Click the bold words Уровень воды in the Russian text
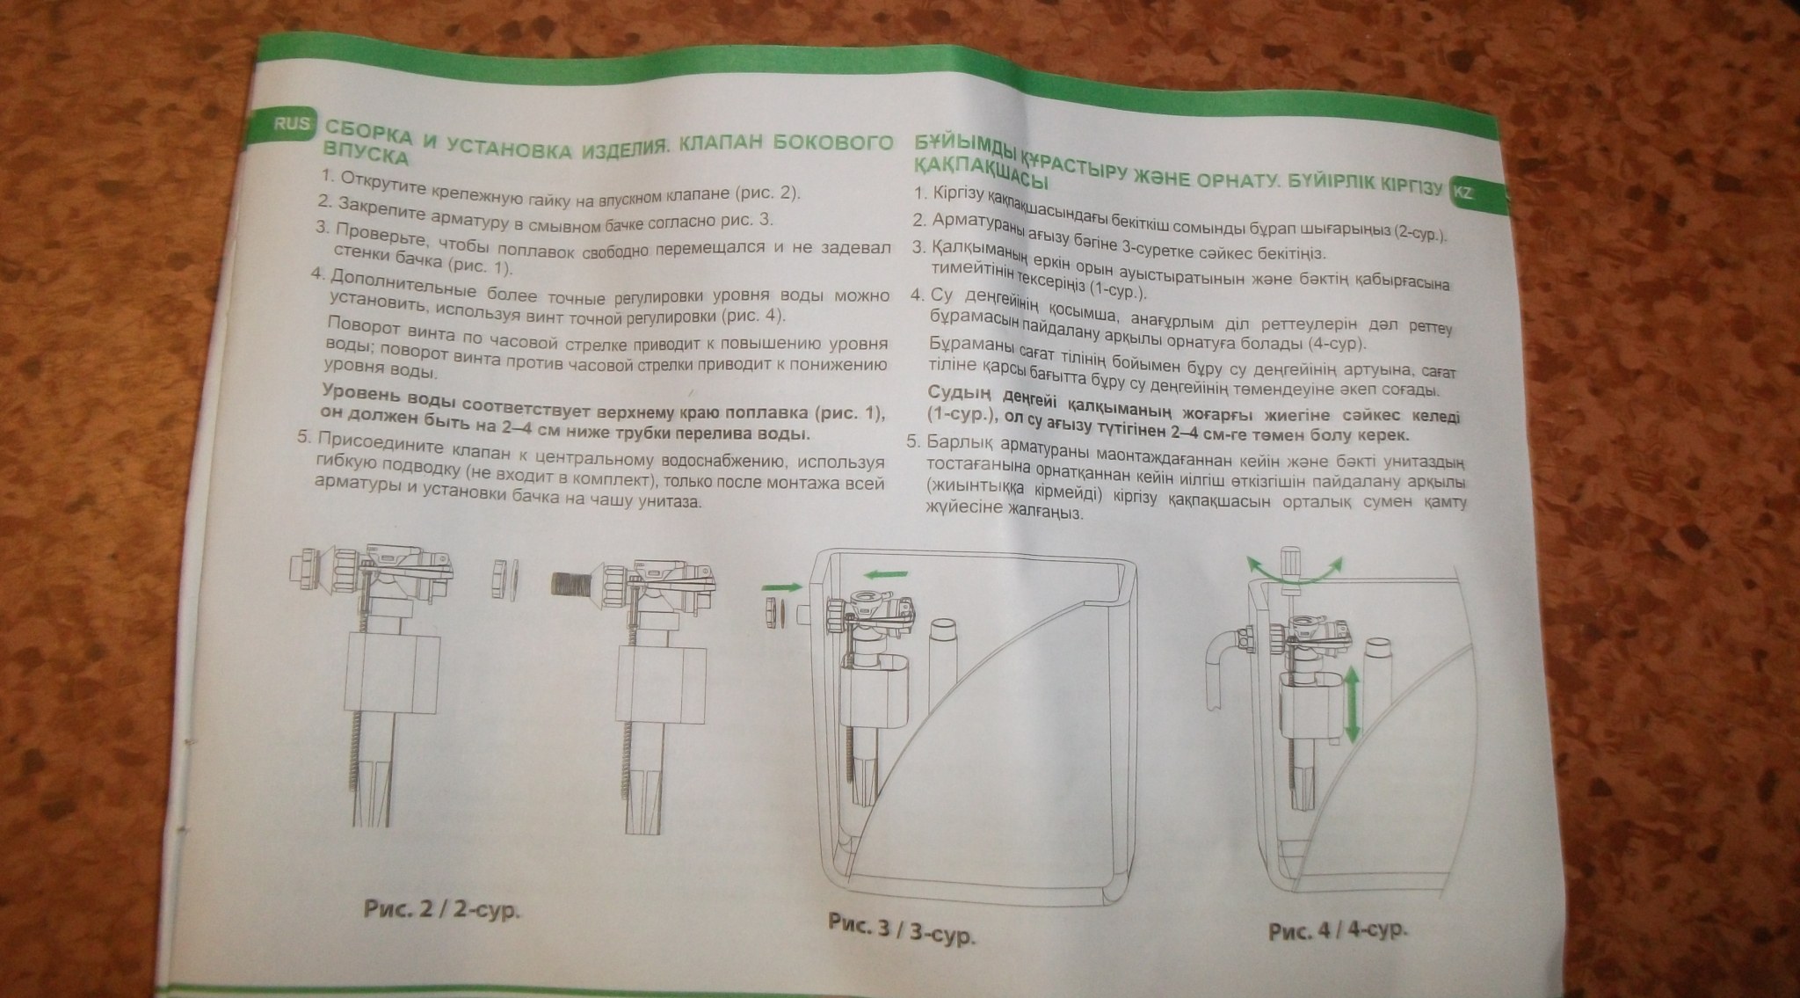click(388, 396)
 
